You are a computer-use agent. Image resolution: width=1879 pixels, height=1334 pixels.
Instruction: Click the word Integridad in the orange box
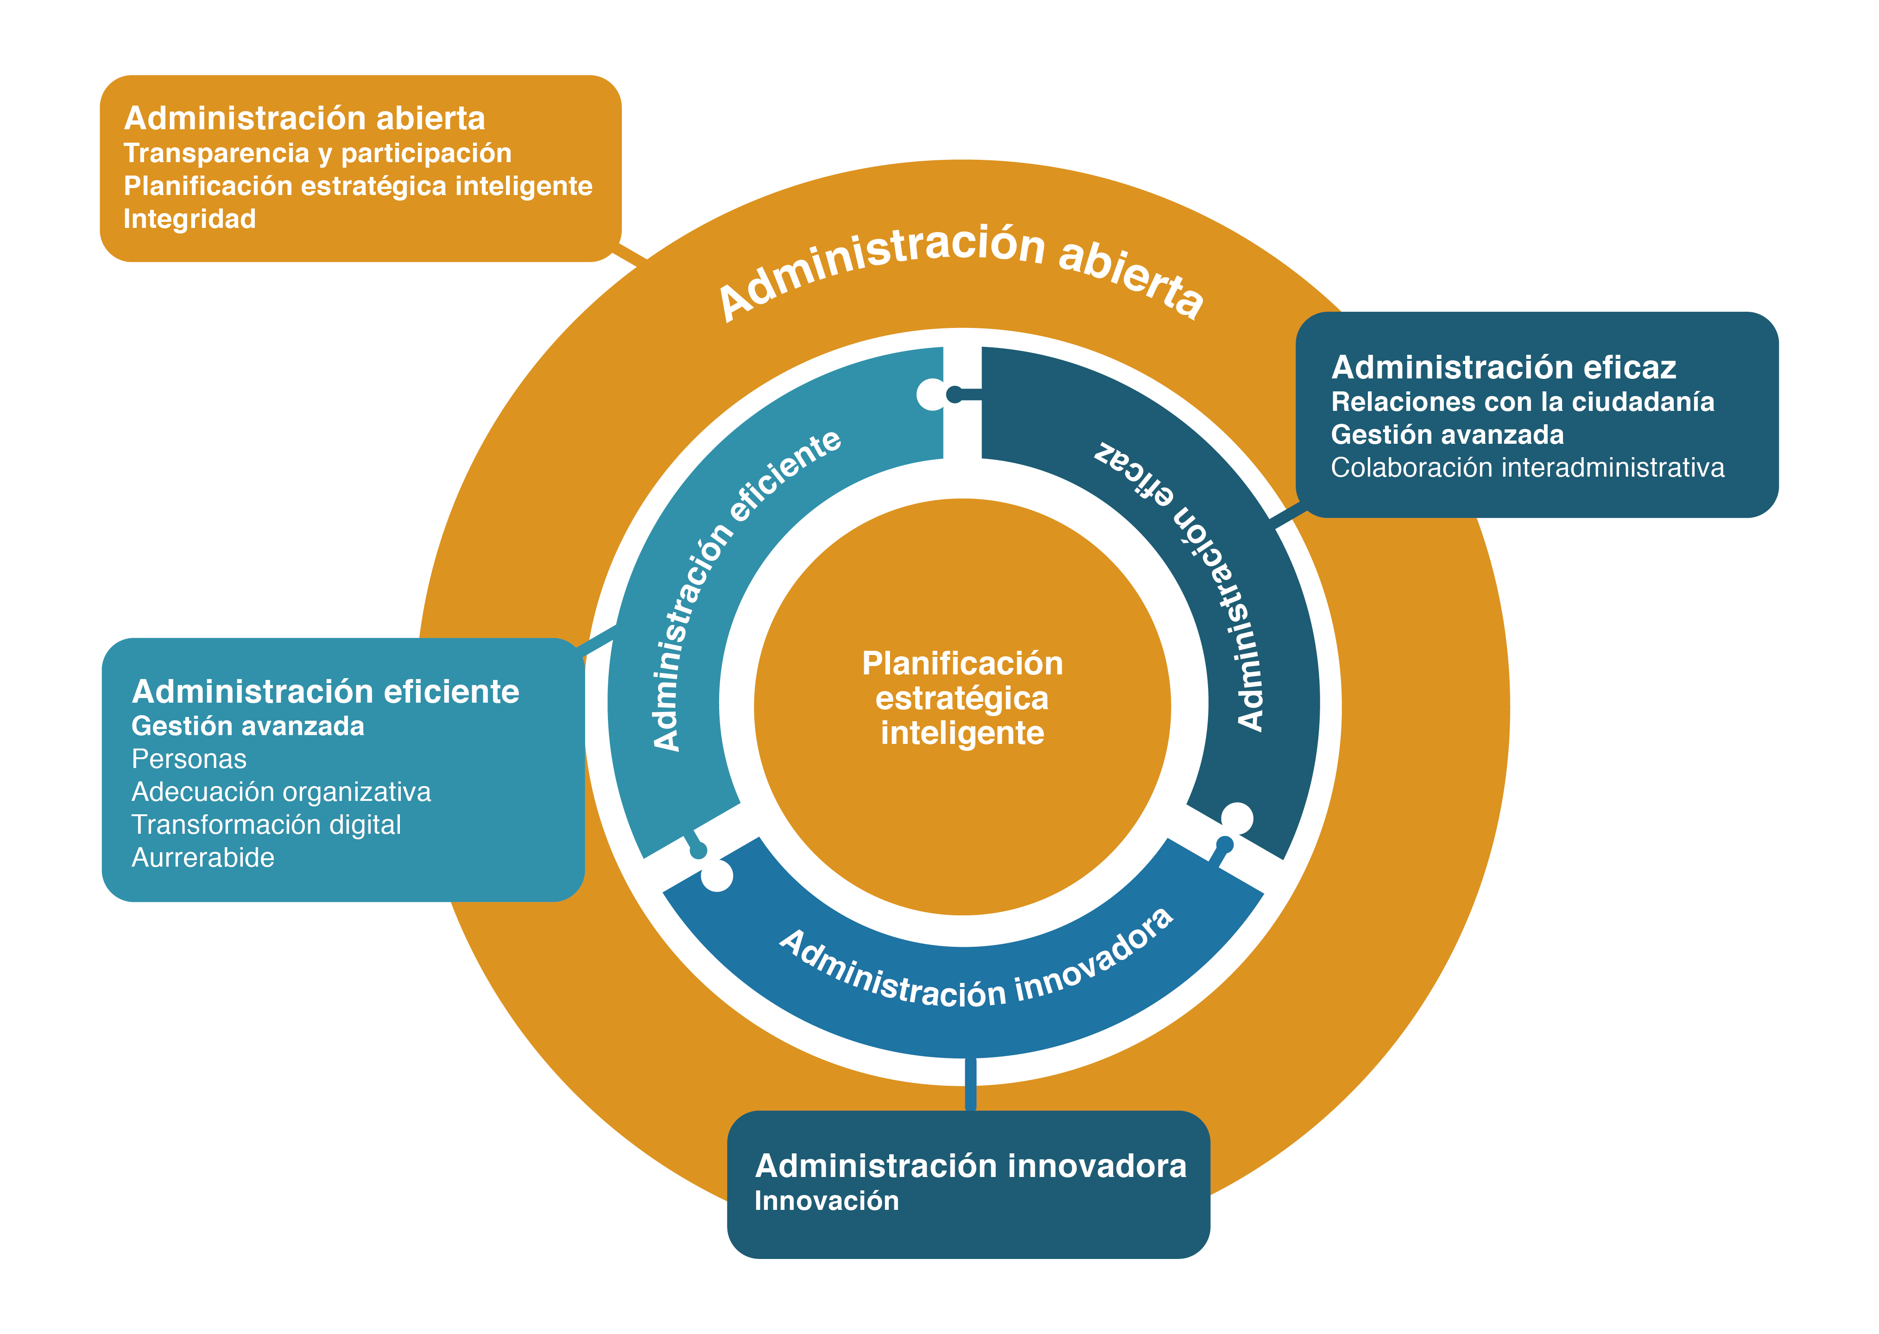click(x=190, y=219)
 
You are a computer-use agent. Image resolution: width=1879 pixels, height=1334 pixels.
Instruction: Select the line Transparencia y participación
click(x=317, y=154)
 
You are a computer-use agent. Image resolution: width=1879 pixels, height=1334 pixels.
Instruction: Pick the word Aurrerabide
click(x=203, y=857)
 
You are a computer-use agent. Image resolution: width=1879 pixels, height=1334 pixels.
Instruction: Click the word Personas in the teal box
click(x=189, y=759)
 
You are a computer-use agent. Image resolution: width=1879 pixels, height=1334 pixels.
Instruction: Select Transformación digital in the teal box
click(x=266, y=824)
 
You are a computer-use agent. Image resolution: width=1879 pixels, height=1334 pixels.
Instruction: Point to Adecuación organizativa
click(x=281, y=792)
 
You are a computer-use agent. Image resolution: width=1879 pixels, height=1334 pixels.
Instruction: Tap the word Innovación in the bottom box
click(x=827, y=1201)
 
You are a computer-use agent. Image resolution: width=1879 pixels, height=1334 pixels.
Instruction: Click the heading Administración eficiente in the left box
click(x=325, y=692)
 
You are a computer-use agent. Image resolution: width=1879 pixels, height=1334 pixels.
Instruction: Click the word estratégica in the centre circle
click(x=962, y=698)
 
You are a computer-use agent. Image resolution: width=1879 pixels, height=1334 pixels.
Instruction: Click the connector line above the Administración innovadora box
click(x=970, y=1084)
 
